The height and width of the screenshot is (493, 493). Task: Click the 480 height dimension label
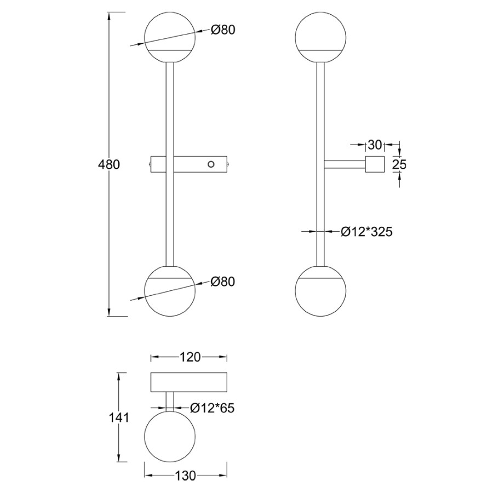click(x=109, y=164)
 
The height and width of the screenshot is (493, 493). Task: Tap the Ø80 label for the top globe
click(x=223, y=30)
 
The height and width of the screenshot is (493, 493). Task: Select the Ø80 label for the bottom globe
click(x=223, y=282)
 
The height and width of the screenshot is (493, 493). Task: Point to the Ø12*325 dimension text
click(x=367, y=232)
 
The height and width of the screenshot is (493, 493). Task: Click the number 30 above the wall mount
click(x=375, y=145)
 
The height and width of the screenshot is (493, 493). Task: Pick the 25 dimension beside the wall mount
click(x=399, y=164)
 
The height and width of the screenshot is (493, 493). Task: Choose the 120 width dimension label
click(x=190, y=357)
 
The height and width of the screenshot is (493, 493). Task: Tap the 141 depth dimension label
click(x=119, y=418)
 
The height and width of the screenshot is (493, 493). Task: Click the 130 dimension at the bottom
click(x=185, y=475)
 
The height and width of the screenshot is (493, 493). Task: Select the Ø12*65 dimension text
click(x=213, y=408)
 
